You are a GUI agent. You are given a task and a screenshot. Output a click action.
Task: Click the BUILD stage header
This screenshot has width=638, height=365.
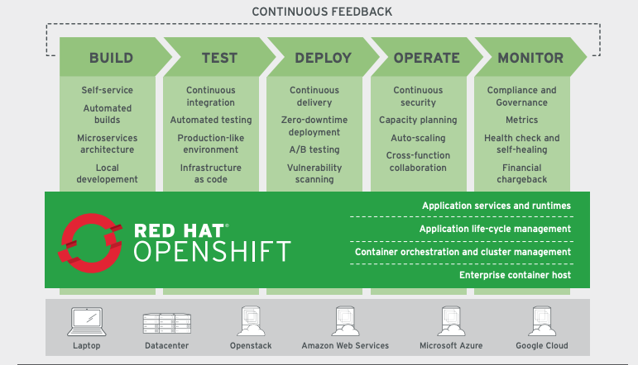111,59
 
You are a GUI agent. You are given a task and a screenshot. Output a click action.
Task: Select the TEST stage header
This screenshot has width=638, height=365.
219,59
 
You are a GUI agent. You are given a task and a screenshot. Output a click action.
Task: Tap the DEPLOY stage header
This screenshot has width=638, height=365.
323,59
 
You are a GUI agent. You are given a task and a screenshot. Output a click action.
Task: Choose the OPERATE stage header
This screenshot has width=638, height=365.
426,59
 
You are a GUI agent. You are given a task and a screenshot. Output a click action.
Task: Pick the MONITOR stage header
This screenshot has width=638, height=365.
530,59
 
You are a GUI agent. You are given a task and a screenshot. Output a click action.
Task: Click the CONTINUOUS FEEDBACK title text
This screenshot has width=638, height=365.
322,12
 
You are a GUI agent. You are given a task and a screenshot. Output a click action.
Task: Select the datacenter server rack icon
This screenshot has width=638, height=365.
167,322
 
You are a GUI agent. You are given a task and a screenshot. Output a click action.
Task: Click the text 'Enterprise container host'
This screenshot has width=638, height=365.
515,275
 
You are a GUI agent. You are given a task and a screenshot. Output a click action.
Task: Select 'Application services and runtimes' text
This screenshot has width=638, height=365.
496,206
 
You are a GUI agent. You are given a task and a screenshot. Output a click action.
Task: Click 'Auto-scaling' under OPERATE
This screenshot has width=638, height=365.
418,138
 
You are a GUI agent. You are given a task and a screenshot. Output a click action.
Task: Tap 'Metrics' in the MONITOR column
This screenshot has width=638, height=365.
521,121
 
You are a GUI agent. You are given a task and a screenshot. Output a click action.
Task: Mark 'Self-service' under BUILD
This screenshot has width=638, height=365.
107,90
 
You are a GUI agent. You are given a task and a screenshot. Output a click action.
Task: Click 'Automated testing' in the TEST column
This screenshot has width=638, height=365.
211,121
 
